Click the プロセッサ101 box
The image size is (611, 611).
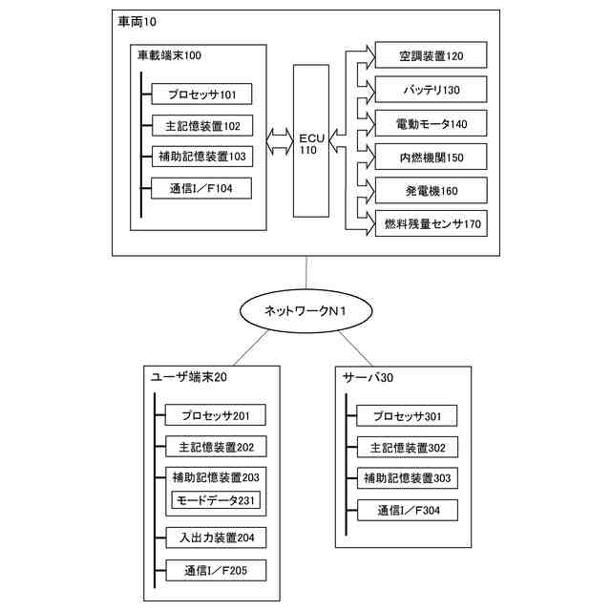tap(201, 94)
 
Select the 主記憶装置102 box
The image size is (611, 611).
tap(202, 125)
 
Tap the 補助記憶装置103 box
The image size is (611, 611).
tap(202, 157)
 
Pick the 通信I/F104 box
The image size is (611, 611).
tap(201, 188)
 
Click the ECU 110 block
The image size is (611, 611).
tap(311, 140)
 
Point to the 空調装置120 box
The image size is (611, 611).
tap(431, 55)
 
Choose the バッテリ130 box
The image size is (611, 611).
tap(431, 89)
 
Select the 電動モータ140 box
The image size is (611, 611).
tap(431, 123)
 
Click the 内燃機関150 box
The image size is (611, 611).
tap(431, 157)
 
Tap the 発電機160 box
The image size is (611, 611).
tap(431, 190)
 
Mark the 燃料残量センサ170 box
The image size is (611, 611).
tap(432, 223)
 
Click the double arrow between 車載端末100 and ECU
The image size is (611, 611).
tap(280, 140)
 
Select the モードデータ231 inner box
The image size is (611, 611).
tap(216, 500)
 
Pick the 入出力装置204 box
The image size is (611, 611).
tap(216, 537)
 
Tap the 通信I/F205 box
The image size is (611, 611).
tap(216, 571)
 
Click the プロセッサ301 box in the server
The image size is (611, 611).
tap(407, 416)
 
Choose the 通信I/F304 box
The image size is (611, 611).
tap(408, 510)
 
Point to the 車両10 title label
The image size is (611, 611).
tap(137, 22)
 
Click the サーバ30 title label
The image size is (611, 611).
tap(368, 377)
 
